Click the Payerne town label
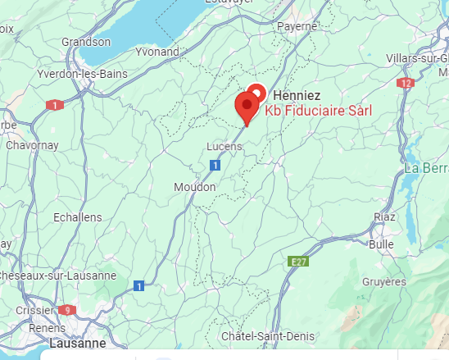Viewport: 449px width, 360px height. point(297,25)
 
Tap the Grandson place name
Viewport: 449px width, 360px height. point(85,42)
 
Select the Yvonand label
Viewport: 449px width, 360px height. point(156,51)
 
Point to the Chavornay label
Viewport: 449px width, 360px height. point(31,145)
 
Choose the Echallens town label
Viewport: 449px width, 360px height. point(77,216)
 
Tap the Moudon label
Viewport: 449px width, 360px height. point(195,187)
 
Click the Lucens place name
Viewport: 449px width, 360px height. point(224,146)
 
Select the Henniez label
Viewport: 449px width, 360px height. point(296,95)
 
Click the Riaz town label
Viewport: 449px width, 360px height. point(384,216)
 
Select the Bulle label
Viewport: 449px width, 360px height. point(381,244)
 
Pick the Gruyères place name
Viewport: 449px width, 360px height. point(383,281)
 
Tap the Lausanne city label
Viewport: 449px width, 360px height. point(78,343)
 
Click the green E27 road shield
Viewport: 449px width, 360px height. point(297,261)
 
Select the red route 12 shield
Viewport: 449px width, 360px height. point(406,83)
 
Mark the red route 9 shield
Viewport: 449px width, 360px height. point(67,310)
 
